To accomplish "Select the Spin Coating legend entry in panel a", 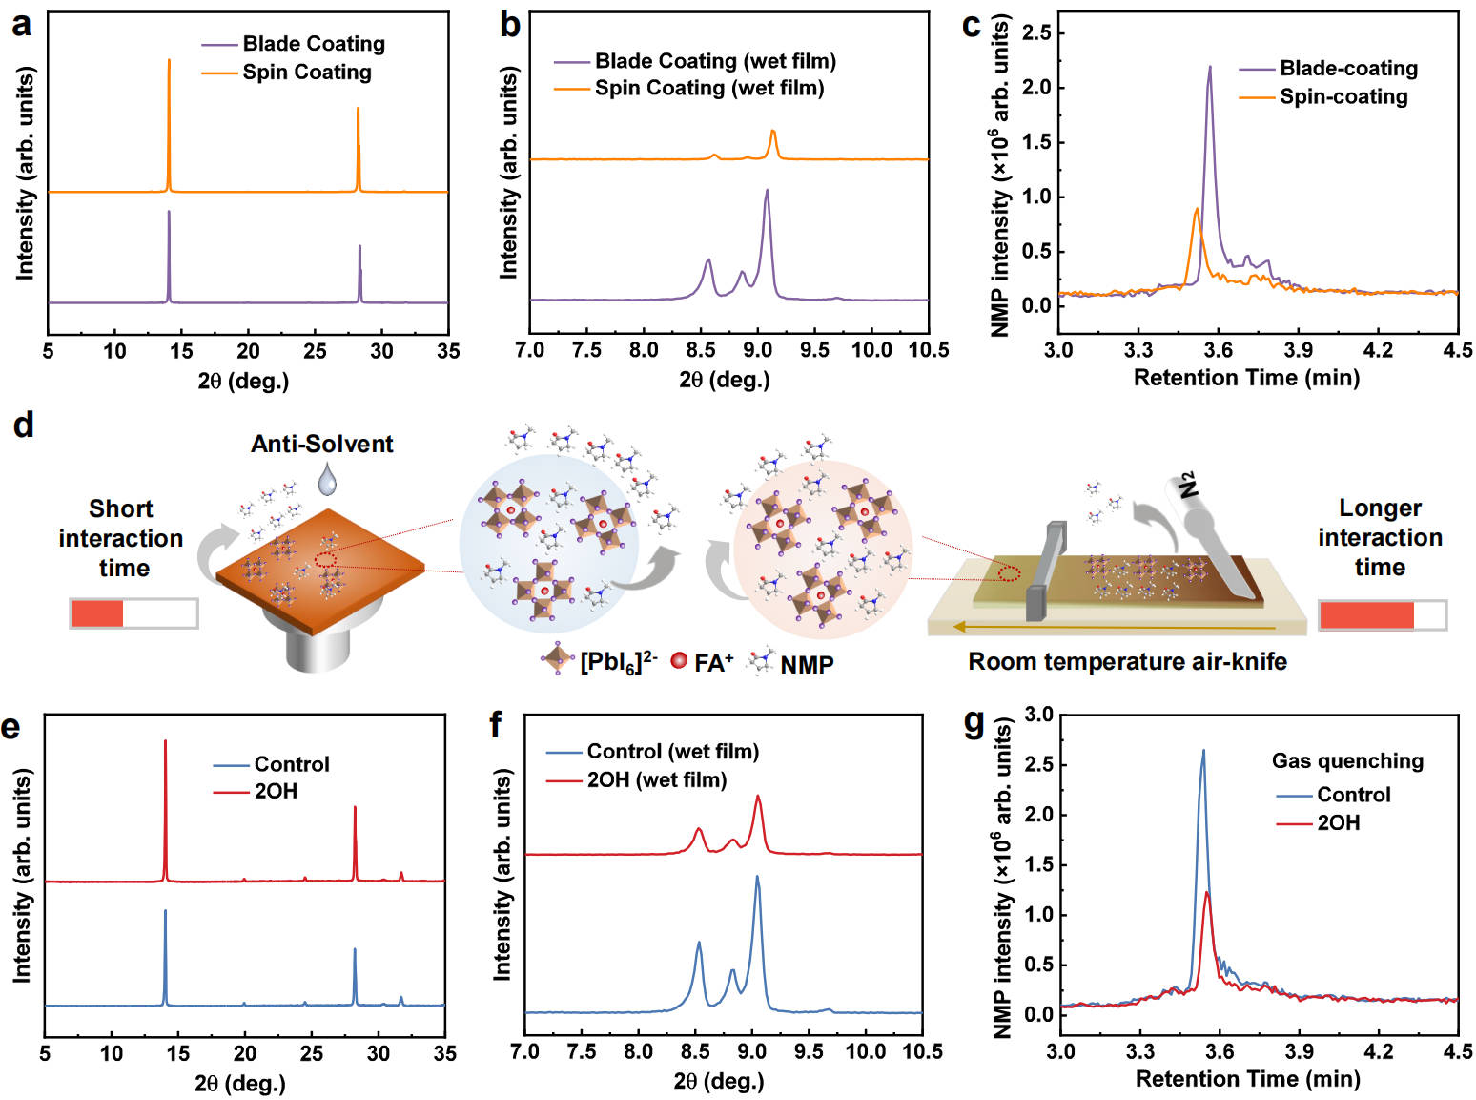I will tap(306, 73).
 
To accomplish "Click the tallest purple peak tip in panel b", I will tap(767, 191).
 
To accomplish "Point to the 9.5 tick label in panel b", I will tap(814, 350).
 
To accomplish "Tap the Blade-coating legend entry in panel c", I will tap(1348, 69).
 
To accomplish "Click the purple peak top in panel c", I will tap(1210, 67).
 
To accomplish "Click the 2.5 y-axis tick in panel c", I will tap(1035, 33).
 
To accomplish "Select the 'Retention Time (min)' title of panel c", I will tap(1246, 378).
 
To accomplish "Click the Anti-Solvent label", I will tap(321, 444).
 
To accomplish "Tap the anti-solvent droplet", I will tap(327, 479).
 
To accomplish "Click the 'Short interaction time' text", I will tap(121, 538).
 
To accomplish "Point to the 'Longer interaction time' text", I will tap(1380, 537).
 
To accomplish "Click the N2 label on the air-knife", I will tap(1188, 485).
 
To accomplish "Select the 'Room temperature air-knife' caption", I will tap(1127, 661).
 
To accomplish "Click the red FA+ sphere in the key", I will tap(679, 660).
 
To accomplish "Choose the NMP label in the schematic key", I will tap(807, 665).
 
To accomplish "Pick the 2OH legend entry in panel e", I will tap(276, 791).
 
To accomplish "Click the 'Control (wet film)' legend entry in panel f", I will tap(672, 752).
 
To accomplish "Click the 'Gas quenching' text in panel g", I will tap(1347, 761).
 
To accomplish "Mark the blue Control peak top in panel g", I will tap(1203, 751).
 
